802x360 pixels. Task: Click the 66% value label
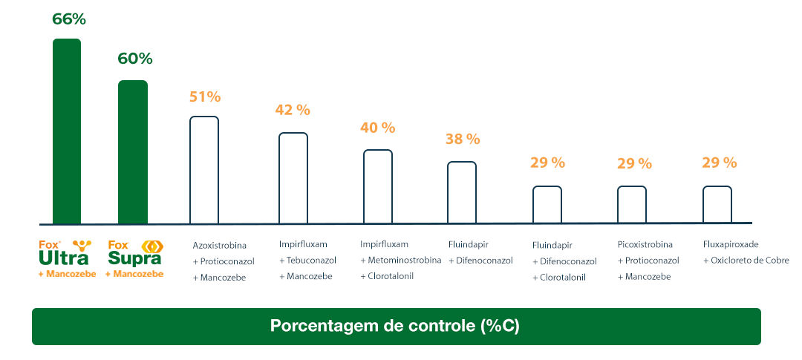[68, 19]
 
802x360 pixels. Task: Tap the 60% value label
[134, 59]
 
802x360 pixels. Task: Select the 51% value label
[204, 97]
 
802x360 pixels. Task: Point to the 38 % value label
[463, 140]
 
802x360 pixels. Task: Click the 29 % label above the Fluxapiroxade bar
[719, 163]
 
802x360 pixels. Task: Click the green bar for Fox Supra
[133, 152]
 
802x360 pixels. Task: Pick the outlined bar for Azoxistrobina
[204, 170]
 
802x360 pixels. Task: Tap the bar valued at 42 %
[293, 178]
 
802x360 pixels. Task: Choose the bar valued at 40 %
[377, 186]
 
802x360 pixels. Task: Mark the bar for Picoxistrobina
[632, 204]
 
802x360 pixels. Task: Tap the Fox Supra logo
[134, 253]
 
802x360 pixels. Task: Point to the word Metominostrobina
[405, 261]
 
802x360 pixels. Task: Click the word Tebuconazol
[311, 261]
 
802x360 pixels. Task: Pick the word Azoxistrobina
[219, 245]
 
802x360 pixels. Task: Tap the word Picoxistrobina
[645, 244]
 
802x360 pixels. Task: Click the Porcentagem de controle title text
[396, 327]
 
